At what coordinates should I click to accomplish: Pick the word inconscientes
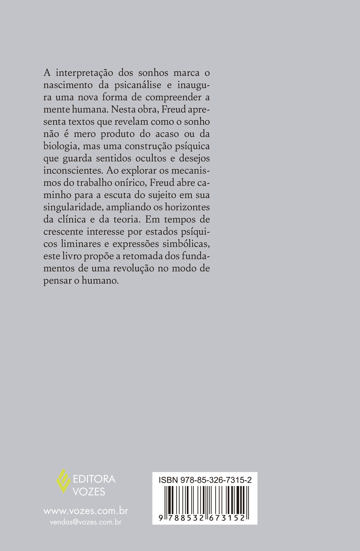coord(73,171)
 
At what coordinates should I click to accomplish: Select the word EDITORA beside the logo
coord(94,479)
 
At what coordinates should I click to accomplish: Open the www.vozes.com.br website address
coord(86,511)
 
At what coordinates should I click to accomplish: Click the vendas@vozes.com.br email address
coord(86,522)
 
